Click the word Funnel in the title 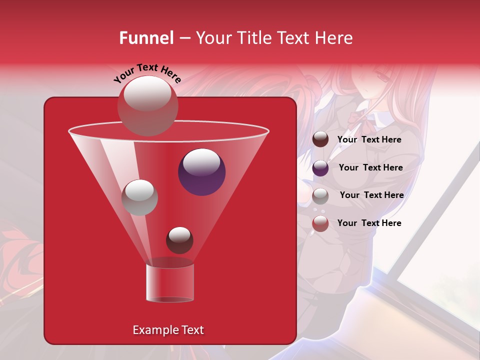click(146, 38)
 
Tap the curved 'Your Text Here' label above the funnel click(147, 73)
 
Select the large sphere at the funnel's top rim click(147, 105)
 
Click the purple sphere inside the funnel click(201, 171)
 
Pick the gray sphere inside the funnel click(139, 197)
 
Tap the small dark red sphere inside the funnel click(179, 240)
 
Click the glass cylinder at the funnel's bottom click(169, 282)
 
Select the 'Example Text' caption click(168, 330)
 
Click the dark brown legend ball click(320, 139)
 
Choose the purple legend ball click(320, 167)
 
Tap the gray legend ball click(320, 195)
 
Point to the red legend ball click(320, 223)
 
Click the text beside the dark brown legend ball click(369, 139)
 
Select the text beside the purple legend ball click(370, 167)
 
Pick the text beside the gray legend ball click(371, 195)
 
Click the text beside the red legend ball click(369, 223)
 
